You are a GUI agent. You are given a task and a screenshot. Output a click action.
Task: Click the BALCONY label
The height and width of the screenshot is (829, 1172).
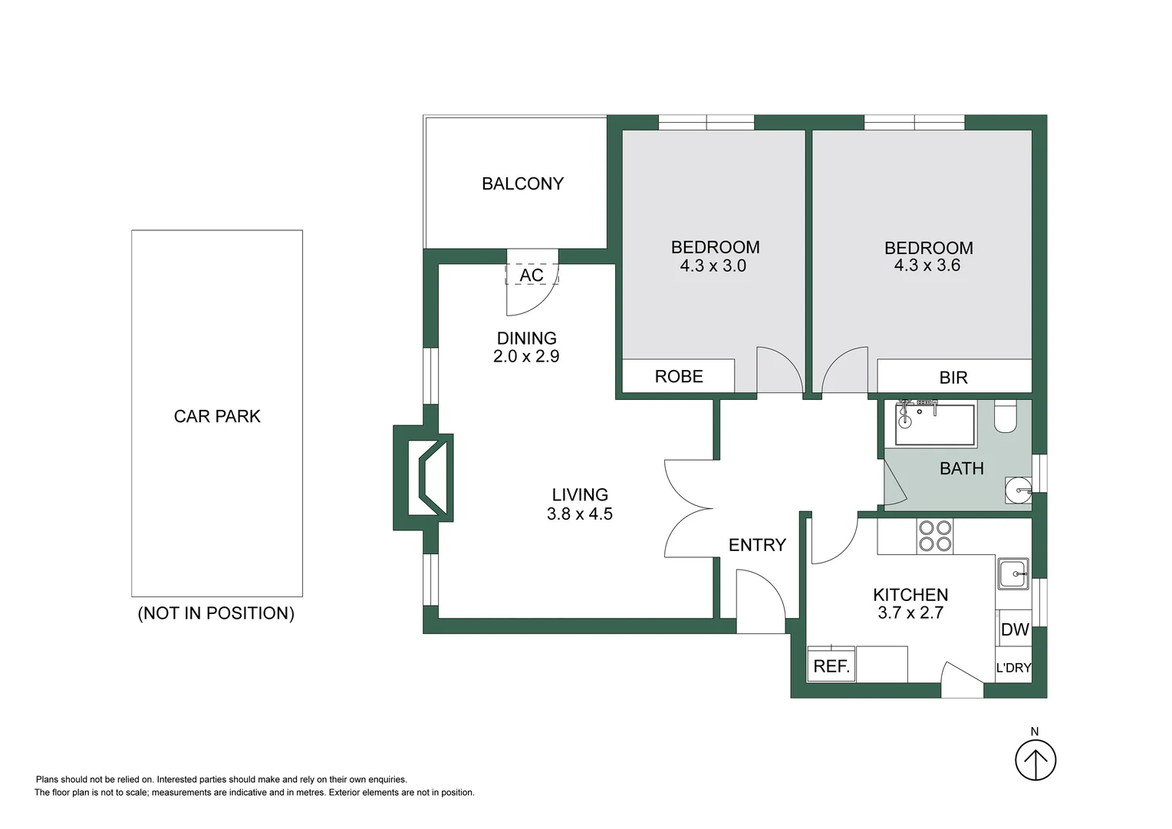point(522,183)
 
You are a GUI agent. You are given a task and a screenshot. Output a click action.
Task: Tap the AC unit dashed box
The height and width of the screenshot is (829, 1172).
point(531,275)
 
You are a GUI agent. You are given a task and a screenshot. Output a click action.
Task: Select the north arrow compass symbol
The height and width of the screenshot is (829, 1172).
point(1035,760)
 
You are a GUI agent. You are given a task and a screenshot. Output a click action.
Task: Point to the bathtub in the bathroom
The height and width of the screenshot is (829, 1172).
point(935,424)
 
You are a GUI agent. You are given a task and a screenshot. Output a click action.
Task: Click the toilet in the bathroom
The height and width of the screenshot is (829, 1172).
point(1005,418)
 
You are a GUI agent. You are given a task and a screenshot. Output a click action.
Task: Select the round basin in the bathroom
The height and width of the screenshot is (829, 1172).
point(1019,490)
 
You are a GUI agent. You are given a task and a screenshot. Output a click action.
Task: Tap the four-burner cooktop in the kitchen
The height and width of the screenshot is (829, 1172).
point(935,536)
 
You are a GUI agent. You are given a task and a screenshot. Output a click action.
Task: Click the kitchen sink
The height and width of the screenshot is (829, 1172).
point(1013,573)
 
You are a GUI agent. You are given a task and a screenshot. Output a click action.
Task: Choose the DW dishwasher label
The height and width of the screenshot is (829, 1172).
point(1014,629)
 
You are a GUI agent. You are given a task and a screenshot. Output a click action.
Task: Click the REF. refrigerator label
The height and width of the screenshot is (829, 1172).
point(831,666)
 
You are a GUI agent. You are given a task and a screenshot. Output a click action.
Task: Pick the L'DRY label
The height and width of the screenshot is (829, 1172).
point(1013,668)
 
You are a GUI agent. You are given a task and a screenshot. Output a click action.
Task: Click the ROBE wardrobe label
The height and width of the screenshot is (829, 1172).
point(679,376)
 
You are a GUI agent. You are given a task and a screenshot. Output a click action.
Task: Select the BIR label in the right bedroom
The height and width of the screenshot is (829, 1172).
point(953,378)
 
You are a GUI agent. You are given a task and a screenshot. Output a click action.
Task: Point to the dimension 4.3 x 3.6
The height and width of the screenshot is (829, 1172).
point(927,266)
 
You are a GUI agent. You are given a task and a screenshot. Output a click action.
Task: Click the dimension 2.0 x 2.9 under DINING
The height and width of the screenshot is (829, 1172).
point(526,356)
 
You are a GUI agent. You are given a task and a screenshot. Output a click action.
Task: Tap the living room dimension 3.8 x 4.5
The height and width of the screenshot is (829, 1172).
point(579,514)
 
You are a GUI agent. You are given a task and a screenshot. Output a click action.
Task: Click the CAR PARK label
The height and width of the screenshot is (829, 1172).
point(217,416)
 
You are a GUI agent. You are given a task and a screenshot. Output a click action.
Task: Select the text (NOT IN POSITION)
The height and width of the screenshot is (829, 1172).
point(216,613)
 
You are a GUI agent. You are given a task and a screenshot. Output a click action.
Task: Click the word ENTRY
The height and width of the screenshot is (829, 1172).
point(757,545)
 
